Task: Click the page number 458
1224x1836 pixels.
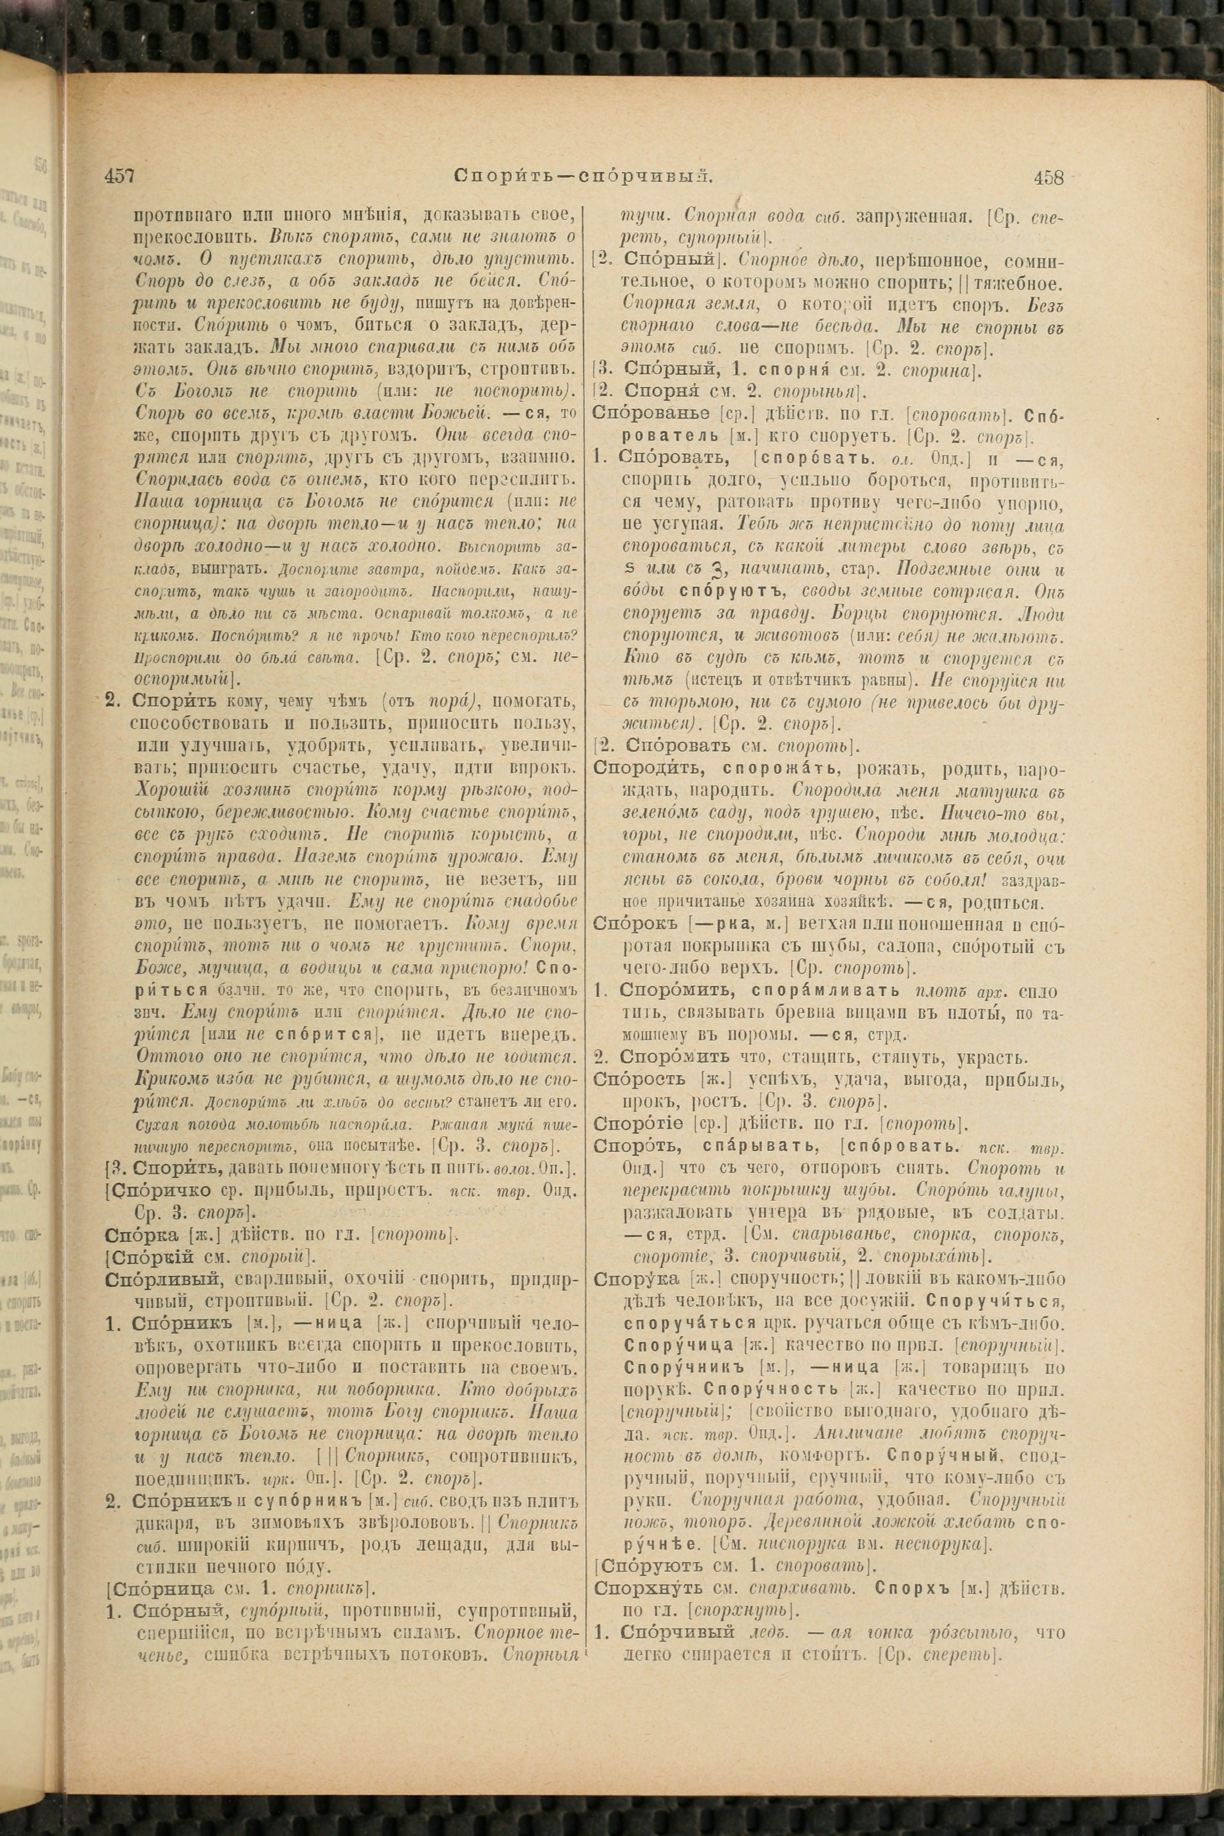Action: point(1048,177)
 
